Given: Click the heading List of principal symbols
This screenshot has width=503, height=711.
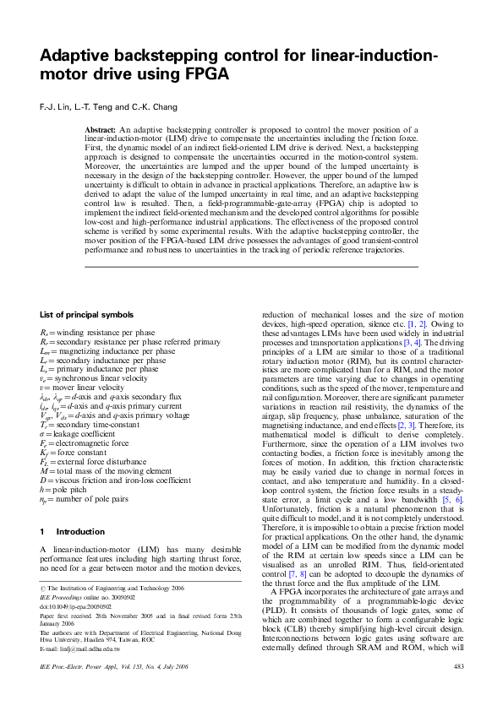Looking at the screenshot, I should tap(87, 314).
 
